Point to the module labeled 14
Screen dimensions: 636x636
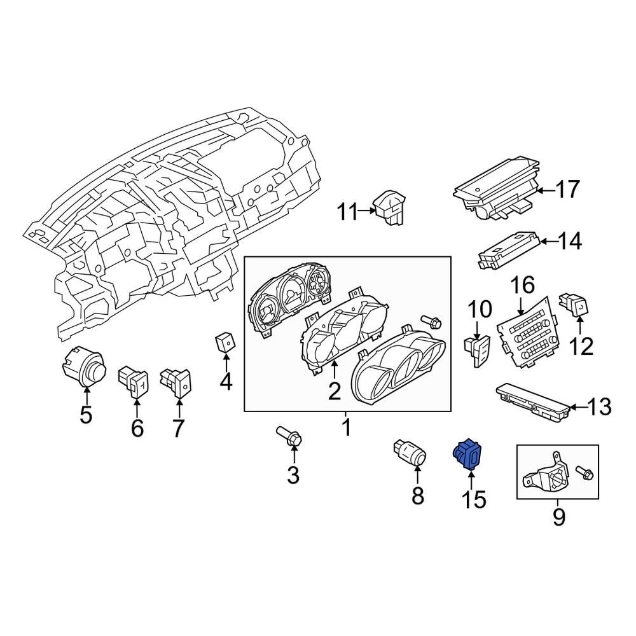tap(509, 251)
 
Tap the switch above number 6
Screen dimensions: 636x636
tap(134, 380)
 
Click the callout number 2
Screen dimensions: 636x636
tap(335, 391)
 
